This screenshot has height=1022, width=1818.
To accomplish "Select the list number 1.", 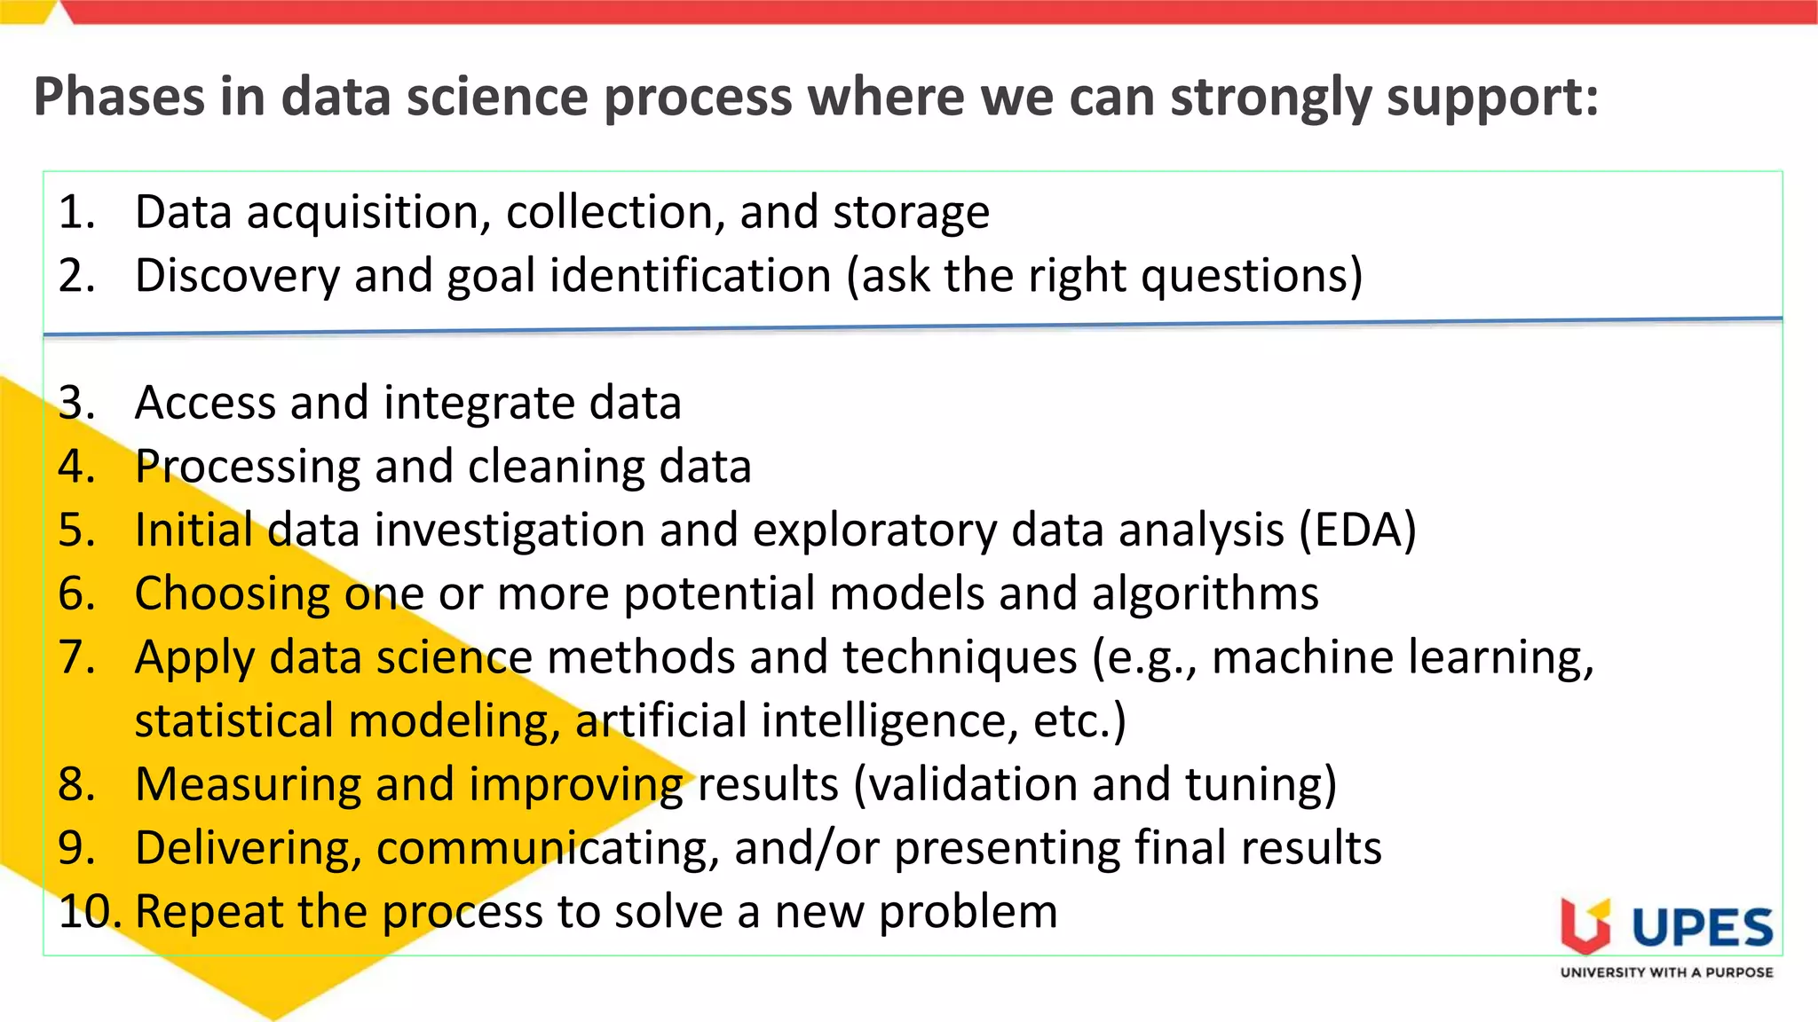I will (75, 213).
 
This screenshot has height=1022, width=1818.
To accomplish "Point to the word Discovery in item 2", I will (237, 276).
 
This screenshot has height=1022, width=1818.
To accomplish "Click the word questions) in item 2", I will (1252, 276).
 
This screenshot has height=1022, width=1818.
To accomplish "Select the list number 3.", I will (75, 403).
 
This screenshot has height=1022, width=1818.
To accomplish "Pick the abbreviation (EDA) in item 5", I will (1357, 531).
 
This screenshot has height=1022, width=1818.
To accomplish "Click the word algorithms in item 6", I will (1205, 594).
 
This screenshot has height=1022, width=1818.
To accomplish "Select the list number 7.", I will (75, 657).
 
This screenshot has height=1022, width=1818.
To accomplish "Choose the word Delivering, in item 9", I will (249, 848).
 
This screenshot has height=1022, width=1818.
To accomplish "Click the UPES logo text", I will (1702, 928).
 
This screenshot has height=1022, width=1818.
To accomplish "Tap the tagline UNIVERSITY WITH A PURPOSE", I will (1666, 972).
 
